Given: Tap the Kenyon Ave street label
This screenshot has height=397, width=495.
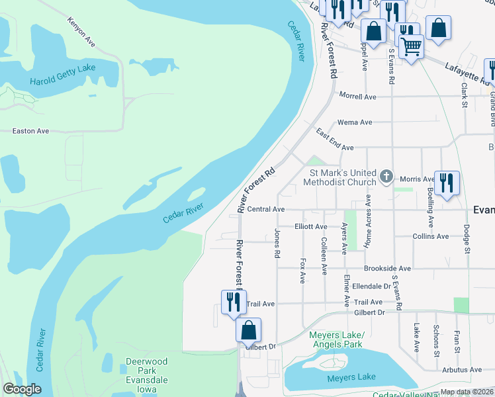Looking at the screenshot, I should (81, 32).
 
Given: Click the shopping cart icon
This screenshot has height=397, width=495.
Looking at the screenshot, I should (412, 46).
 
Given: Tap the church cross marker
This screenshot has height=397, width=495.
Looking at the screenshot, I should (387, 178).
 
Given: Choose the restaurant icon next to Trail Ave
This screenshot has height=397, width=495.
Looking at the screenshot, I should (234, 301).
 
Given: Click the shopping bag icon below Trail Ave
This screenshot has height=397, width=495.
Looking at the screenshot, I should (248, 329).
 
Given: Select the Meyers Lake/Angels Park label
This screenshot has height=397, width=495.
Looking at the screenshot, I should (336, 339).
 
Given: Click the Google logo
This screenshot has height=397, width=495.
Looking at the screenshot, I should (22, 389).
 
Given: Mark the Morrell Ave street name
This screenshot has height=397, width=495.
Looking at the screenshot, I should (357, 97).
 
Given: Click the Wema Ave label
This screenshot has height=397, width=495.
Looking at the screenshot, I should (355, 122).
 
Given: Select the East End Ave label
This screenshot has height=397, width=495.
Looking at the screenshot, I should (335, 140).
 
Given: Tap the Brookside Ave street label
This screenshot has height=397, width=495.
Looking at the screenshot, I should (387, 269).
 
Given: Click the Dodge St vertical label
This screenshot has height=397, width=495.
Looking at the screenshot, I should (467, 239).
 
